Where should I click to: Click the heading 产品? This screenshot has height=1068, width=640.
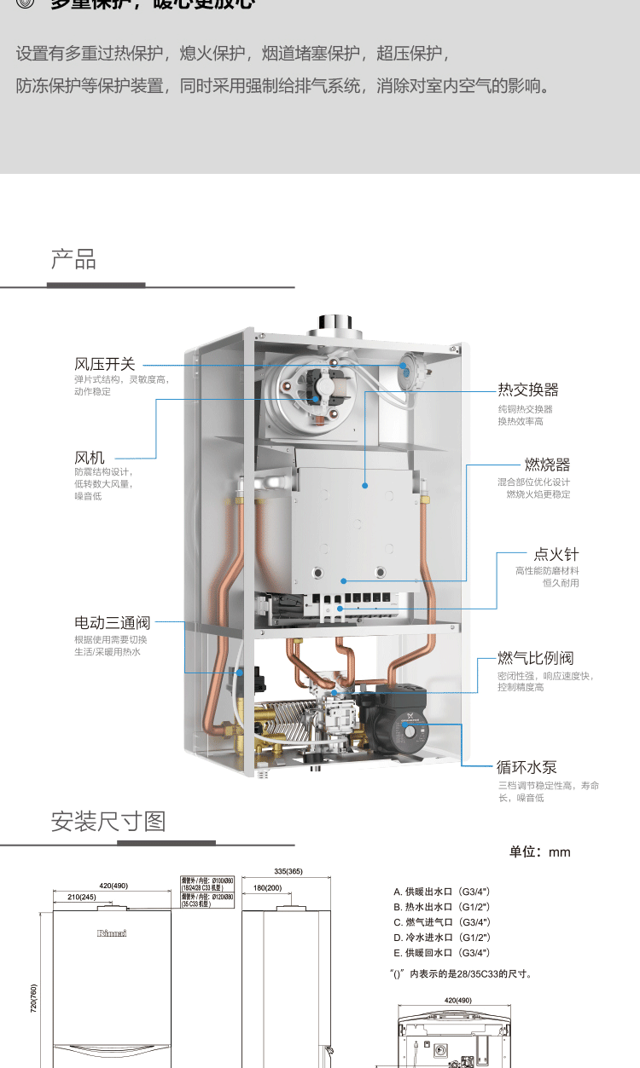coord(73,259)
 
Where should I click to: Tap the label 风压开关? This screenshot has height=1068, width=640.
coord(105,365)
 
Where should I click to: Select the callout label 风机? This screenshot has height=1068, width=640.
coord(90,459)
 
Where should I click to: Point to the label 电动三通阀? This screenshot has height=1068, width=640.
coord(112,623)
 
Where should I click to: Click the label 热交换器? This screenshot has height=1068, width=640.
coord(528,390)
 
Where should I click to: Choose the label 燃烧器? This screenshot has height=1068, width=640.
coord(547,465)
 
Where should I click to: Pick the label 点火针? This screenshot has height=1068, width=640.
coord(556,554)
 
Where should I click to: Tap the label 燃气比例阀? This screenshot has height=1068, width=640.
coord(536,658)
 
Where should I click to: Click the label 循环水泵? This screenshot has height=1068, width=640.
coord(527,767)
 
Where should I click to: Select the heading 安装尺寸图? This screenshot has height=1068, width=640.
coord(108,822)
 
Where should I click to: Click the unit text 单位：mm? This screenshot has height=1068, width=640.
coord(539,852)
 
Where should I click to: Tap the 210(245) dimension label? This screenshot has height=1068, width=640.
coord(82,898)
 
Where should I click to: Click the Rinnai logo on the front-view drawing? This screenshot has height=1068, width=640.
coord(112,933)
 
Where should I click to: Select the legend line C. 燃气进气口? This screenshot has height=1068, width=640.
coord(442,922)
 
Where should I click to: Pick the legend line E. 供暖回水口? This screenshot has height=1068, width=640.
coord(442,953)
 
